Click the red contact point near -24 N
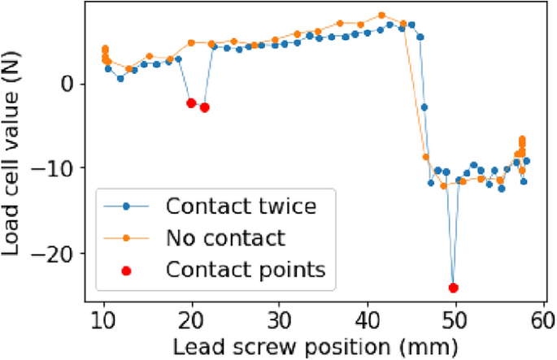(x=453, y=288)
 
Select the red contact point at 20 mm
(x=191, y=103)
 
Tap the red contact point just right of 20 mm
(x=205, y=107)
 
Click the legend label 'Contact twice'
(x=239, y=206)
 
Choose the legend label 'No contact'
(x=225, y=237)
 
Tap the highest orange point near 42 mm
(x=382, y=15)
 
